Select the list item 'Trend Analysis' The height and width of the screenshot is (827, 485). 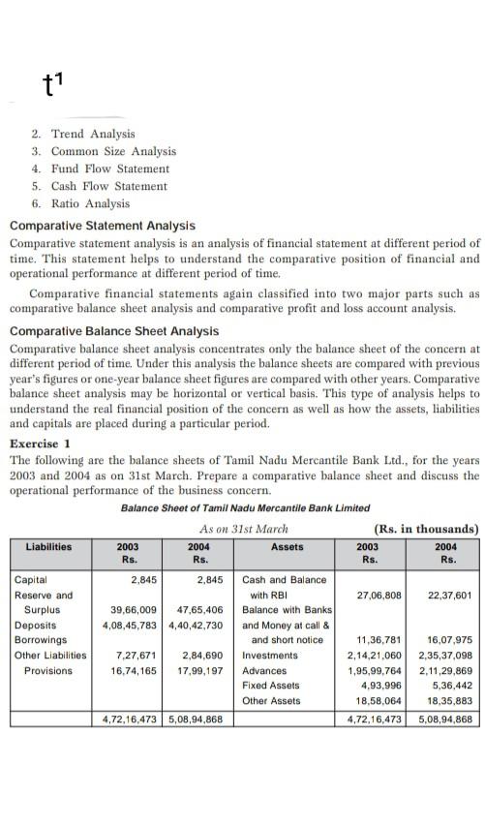coord(92,134)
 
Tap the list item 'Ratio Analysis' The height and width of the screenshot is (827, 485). coord(89,203)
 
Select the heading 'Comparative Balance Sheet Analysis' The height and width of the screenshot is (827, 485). coord(114,331)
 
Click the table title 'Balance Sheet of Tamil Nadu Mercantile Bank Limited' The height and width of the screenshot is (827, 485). coord(245,508)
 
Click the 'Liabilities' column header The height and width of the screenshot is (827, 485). coord(48,546)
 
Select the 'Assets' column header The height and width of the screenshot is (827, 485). coord(288,546)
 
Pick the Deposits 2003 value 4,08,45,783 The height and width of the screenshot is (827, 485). coord(131,625)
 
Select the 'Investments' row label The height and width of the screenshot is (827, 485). coord(269,656)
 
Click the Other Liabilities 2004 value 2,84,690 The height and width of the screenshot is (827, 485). coord(202,656)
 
